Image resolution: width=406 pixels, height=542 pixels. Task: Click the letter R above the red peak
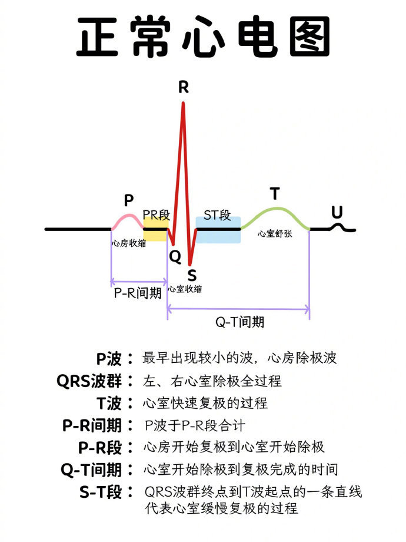tap(184, 88)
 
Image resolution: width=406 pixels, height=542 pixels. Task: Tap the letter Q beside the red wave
tap(175, 256)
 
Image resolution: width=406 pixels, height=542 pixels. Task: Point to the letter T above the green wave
tap(275, 194)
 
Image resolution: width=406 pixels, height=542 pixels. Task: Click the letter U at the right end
tap(337, 212)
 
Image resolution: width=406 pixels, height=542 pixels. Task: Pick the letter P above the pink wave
tap(129, 200)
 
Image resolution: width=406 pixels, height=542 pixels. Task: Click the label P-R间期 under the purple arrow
tap(138, 293)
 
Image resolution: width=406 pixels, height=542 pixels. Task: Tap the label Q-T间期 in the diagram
tap(239, 322)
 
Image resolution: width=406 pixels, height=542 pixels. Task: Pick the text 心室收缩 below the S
tap(185, 289)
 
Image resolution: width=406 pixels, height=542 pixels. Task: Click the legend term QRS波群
tap(89, 381)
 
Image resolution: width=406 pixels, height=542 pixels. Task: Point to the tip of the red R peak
tap(184, 104)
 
